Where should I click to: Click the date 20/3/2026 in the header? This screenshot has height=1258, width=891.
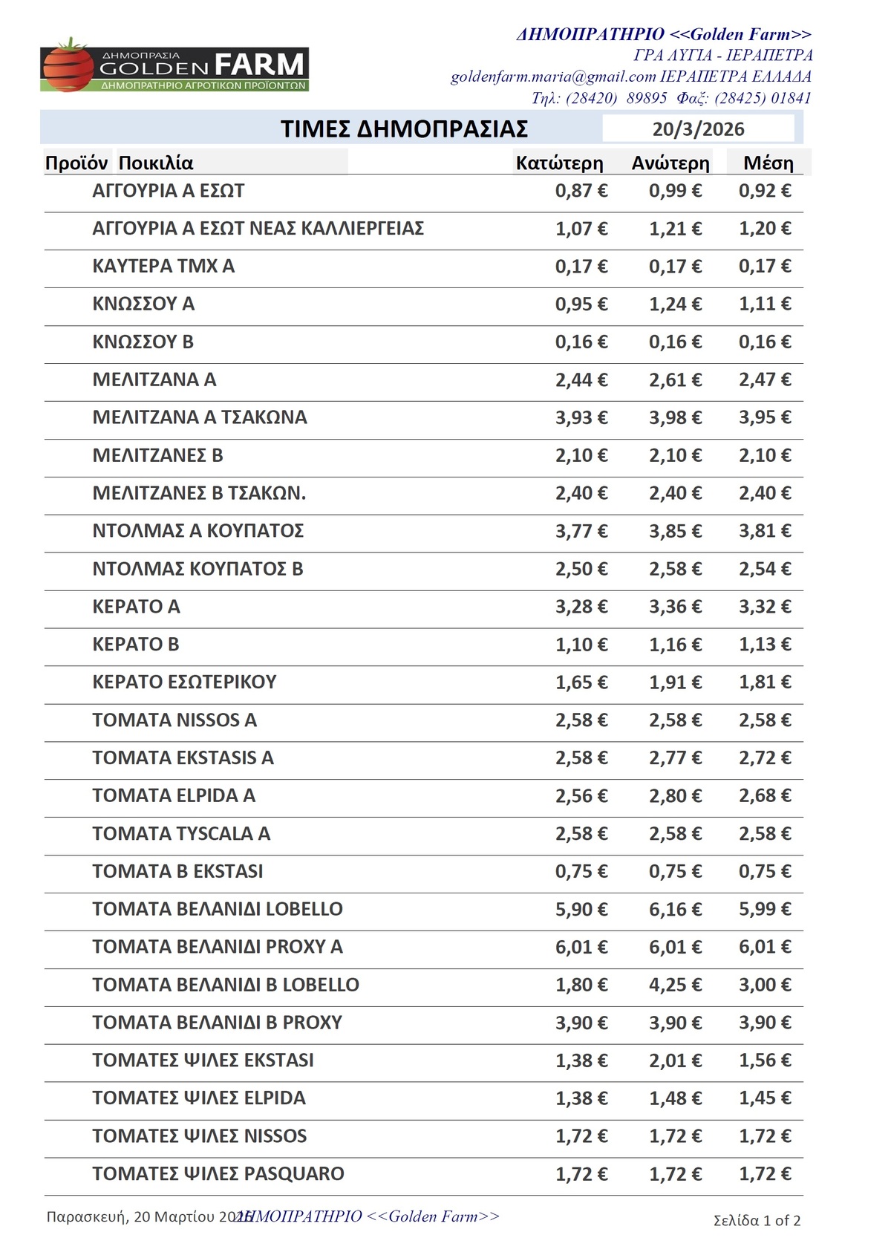698,129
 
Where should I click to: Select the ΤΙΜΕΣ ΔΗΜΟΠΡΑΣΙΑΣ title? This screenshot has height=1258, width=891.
404,129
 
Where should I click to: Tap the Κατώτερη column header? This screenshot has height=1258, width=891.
559,163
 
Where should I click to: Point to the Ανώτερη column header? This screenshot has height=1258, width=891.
670,163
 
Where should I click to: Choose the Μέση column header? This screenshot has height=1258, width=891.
768,163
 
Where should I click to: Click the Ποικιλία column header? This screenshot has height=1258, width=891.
156,163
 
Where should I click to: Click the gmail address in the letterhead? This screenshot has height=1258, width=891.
553,76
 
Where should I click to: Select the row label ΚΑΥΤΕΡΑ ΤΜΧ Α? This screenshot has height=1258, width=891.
163,266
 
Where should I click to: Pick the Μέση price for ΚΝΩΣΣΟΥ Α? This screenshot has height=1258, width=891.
765,304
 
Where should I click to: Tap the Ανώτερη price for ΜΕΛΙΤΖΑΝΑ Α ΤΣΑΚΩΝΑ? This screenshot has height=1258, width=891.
675,417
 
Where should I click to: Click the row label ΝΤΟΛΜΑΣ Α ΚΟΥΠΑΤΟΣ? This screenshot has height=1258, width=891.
198,531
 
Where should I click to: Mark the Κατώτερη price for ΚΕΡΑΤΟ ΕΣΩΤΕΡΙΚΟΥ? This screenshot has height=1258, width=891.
581,682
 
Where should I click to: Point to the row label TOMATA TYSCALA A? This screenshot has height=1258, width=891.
181,833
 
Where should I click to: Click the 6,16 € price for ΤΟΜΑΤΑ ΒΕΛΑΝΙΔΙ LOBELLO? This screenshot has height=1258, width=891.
675,910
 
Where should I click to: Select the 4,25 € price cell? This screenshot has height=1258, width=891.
675,985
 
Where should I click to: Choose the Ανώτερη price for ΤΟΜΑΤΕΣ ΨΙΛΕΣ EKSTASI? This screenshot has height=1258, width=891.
675,1060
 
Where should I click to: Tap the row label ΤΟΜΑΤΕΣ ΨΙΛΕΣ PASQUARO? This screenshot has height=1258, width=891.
218,1174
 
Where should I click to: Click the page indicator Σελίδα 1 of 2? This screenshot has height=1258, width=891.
757,1221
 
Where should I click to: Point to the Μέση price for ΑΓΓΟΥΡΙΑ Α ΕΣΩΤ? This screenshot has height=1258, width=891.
765,191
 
